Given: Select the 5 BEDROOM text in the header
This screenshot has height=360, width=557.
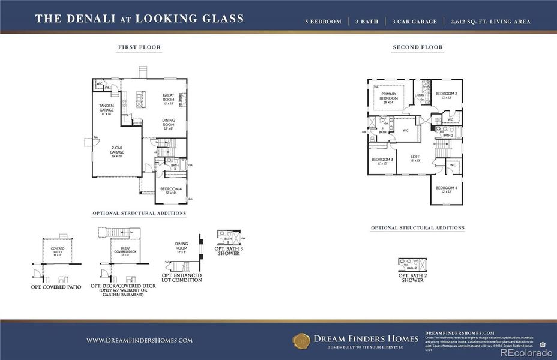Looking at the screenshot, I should point(324,22).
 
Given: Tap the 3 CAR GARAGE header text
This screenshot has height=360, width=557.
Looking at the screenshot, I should point(415,22).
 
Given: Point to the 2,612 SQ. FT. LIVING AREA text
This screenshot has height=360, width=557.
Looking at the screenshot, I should point(490,22).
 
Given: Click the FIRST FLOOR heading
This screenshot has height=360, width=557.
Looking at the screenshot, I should point(139,47).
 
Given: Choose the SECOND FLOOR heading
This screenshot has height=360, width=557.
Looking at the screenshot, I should point(418,47).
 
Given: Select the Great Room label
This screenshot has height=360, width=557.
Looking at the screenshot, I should point(169,97).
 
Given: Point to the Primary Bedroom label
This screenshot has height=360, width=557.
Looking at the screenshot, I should point(388,97).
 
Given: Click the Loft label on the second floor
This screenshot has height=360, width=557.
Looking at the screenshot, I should point(415,158).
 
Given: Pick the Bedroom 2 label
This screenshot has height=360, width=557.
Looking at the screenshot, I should point(447,95).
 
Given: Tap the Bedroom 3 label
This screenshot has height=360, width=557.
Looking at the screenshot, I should point(382,161).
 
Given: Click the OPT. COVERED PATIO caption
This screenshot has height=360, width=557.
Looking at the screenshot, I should point(56,287).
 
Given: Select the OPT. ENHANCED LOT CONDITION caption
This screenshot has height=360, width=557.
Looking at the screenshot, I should point(182,277).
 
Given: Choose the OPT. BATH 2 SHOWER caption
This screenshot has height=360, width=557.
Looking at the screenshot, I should point(412,277).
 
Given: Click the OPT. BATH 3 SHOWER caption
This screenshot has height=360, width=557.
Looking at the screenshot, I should point(229,251).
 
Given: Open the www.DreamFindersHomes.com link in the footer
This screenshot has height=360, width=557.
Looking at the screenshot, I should point(139,340).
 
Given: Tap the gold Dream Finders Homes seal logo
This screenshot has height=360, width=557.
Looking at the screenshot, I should point(301,340).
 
